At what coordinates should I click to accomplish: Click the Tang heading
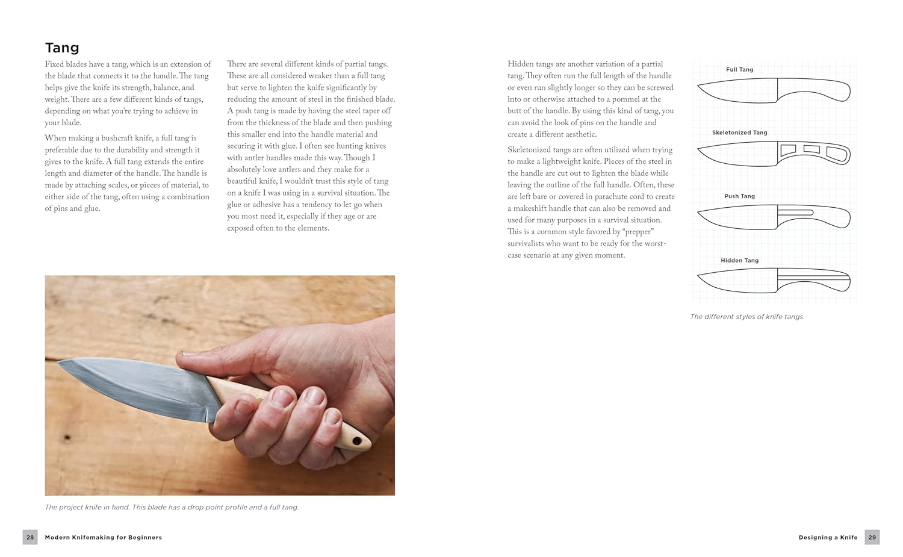pos(62,48)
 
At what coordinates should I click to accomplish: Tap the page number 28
pos(30,537)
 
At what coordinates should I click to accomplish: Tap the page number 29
pos(872,537)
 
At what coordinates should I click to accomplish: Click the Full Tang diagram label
pos(739,69)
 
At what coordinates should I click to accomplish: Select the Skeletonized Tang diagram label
pos(739,132)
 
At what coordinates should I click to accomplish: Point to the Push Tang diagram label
pos(739,196)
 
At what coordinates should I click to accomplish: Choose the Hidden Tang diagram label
pos(739,261)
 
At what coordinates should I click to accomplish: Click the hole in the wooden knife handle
pos(356,441)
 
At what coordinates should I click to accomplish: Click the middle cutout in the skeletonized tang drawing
pos(811,149)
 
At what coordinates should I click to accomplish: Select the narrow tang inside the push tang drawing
pos(795,213)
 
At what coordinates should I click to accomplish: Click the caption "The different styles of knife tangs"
pos(746,317)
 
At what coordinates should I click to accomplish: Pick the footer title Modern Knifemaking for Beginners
pos(103,537)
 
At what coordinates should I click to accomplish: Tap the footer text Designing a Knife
pos(828,537)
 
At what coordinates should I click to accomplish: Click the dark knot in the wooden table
pos(67,437)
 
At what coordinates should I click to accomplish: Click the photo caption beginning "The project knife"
pos(172,508)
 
